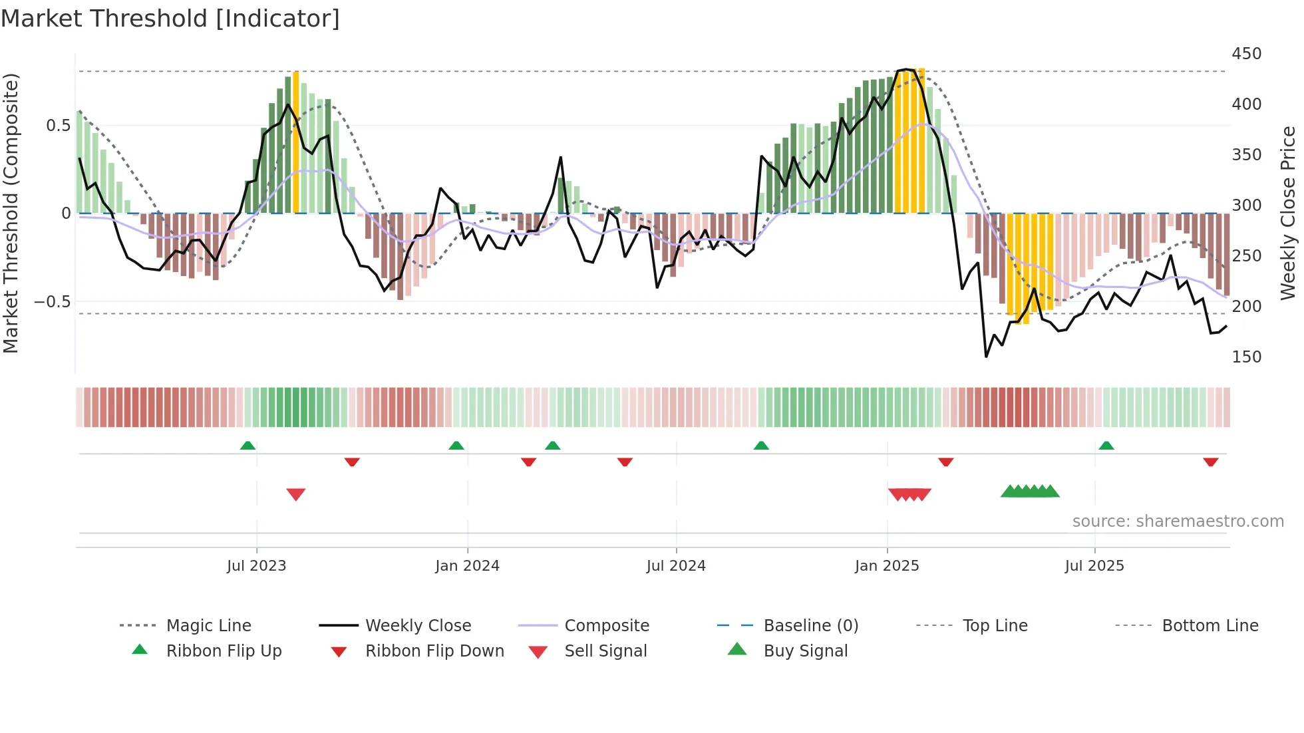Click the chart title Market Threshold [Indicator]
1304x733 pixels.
click(170, 19)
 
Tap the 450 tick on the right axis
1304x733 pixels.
click(1246, 54)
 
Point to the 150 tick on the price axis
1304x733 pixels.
click(1246, 357)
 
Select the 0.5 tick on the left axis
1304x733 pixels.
click(58, 126)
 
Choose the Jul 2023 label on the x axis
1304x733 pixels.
click(256, 566)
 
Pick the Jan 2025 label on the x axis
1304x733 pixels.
click(886, 566)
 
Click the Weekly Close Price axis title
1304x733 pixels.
click(1288, 213)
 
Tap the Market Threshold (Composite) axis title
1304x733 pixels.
click(11, 213)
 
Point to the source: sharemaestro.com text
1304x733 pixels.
click(1178, 521)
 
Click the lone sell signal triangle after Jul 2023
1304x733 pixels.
click(296, 494)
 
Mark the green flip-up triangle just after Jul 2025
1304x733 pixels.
click(1106, 445)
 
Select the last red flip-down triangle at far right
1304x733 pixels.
click(1210, 462)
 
